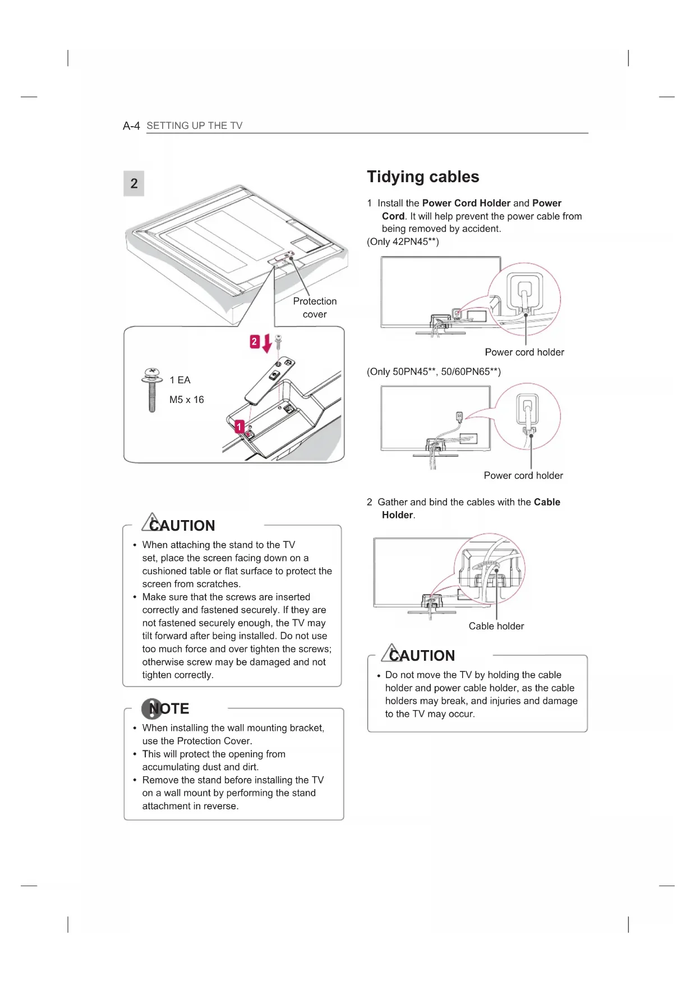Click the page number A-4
click(x=131, y=126)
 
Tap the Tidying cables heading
click(x=423, y=177)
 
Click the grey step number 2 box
click(x=133, y=184)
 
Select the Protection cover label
click(x=315, y=308)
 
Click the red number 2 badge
click(x=255, y=341)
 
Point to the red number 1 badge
click(x=239, y=427)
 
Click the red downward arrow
click(x=267, y=343)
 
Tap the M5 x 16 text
click(x=187, y=400)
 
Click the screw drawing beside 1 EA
click(x=151, y=390)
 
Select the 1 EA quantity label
click(x=180, y=380)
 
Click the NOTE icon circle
click(x=151, y=708)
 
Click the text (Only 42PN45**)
click(x=403, y=242)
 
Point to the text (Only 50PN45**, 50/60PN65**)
click(x=434, y=372)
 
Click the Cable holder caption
click(x=496, y=626)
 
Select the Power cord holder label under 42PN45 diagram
click(x=524, y=352)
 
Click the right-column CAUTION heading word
click(x=422, y=656)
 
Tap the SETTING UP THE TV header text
click(x=195, y=126)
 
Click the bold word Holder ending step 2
click(x=397, y=515)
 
